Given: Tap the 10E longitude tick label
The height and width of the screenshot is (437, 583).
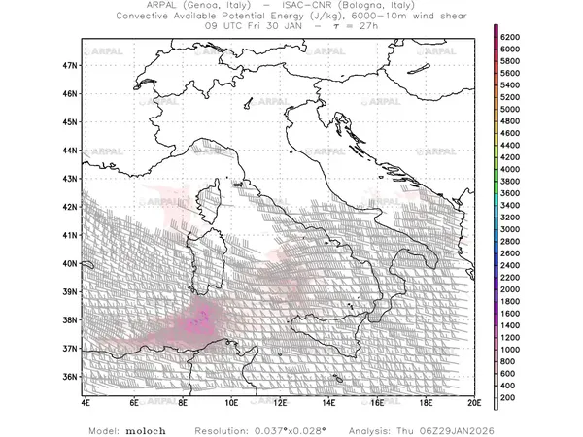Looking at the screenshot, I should (x=231, y=401).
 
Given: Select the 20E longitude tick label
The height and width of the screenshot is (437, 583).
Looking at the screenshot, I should (x=474, y=401).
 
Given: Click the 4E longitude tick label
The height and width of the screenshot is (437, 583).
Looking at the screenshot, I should (x=86, y=401).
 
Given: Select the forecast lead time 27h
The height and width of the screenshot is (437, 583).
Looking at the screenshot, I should (x=361, y=27).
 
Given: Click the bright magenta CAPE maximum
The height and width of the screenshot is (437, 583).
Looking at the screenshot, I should (x=200, y=320).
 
